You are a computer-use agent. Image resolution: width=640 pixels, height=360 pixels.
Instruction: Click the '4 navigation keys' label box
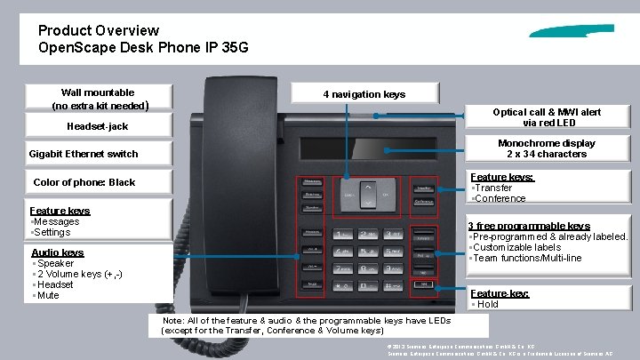tap(364, 94)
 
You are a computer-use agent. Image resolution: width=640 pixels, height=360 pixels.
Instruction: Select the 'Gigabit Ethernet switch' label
tap(84, 154)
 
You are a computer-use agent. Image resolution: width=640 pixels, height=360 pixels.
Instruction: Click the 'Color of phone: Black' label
tap(84, 182)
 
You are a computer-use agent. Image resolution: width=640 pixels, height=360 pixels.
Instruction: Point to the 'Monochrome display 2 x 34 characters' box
tap(547, 148)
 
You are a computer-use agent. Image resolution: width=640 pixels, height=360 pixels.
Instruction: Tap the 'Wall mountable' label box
tap(98, 98)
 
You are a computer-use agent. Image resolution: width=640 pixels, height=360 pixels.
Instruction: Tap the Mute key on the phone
tap(313, 284)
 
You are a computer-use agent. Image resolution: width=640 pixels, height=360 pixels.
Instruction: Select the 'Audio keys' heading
tap(58, 252)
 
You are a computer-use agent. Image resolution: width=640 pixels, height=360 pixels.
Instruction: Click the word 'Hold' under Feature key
tap(488, 304)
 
